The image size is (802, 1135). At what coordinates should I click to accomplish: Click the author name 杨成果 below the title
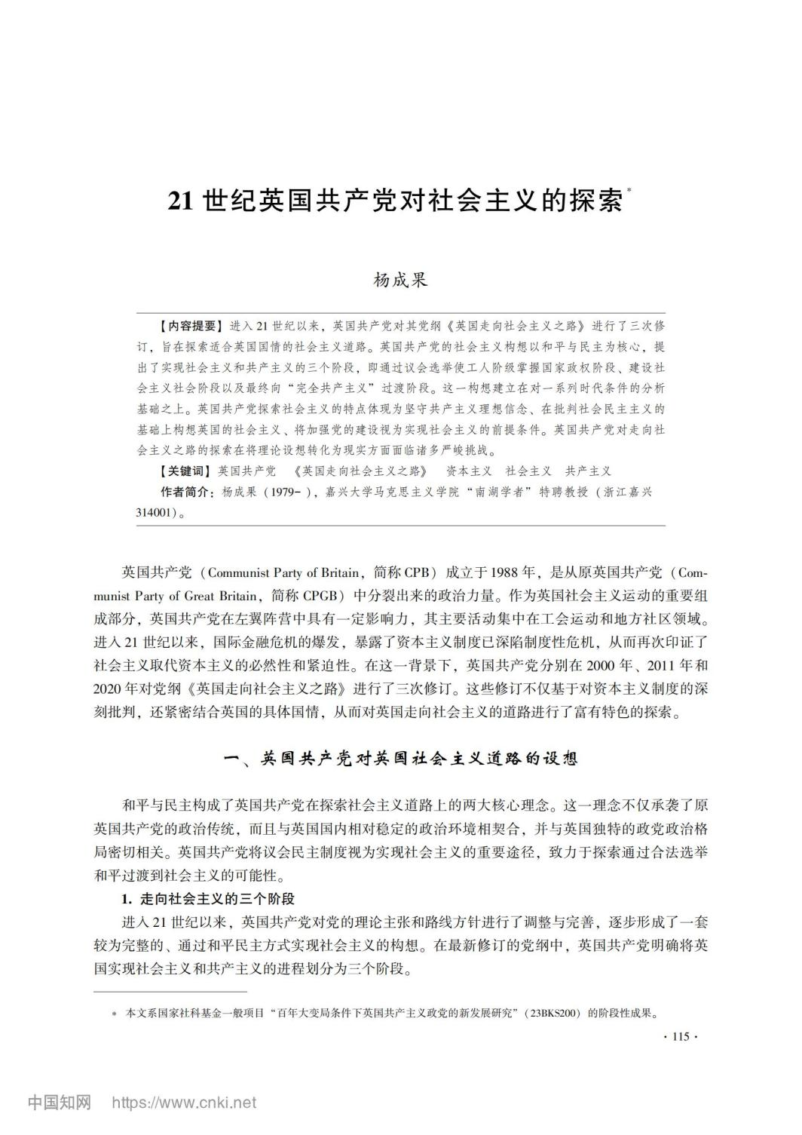(x=400, y=281)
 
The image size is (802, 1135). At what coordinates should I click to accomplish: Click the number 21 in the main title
(x=182, y=201)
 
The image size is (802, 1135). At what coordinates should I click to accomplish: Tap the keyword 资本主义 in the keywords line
(x=469, y=471)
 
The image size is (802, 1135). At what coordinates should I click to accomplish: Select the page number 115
(x=680, y=1038)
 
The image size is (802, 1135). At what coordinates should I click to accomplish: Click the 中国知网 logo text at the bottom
(x=60, y=1103)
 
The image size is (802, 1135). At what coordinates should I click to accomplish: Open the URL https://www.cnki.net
(x=184, y=1103)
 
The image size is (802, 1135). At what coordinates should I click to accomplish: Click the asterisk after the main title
(x=629, y=193)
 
